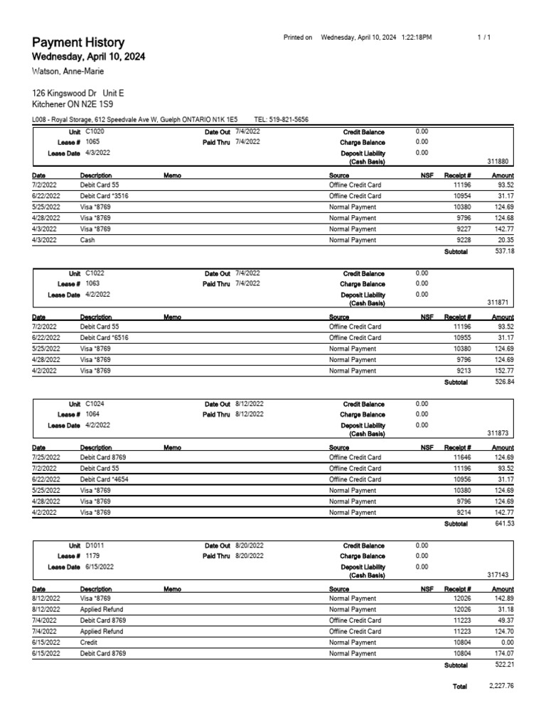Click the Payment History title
pyautogui.click(x=78, y=43)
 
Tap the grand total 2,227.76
pyautogui.click(x=500, y=686)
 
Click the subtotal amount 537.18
pyautogui.click(x=504, y=251)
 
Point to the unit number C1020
pyautogui.click(x=95, y=132)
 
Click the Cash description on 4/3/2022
pyautogui.click(x=88, y=241)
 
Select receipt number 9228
pyautogui.click(x=463, y=241)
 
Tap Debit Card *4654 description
pyautogui.click(x=104, y=479)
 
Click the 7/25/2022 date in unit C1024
pyautogui.click(x=46, y=458)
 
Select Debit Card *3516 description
pyautogui.click(x=104, y=196)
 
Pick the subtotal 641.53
pyautogui.click(x=504, y=523)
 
